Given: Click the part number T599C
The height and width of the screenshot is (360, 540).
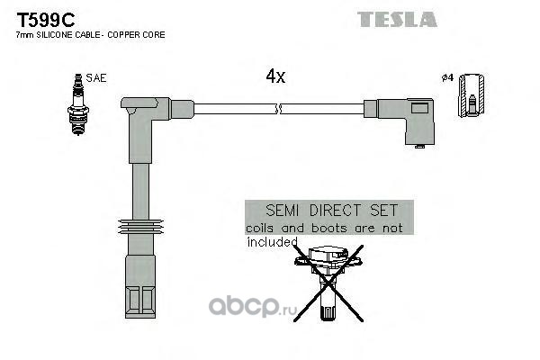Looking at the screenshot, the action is (46, 20).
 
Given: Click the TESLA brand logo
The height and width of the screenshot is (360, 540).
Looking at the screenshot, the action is (397, 19).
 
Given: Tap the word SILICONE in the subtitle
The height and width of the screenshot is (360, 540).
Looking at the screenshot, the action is (55, 35).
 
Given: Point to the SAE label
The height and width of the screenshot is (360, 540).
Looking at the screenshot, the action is (96, 78).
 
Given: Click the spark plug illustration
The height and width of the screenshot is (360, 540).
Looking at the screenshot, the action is (78, 104).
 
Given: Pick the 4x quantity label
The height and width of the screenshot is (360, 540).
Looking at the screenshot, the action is (275, 76).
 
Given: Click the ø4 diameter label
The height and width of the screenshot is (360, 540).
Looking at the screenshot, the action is (447, 78).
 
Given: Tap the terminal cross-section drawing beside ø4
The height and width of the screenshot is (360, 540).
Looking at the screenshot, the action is (471, 95).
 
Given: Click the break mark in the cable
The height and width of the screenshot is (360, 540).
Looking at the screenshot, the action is (279, 109).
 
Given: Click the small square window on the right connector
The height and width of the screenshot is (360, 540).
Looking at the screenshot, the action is (419, 108).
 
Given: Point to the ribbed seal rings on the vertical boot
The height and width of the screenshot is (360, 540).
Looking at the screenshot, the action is (140, 227).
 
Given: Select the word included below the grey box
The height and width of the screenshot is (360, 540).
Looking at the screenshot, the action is (273, 242).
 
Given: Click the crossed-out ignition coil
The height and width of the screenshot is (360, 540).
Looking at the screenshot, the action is (328, 283).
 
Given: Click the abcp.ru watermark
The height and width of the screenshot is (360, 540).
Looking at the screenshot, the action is (252, 307).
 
